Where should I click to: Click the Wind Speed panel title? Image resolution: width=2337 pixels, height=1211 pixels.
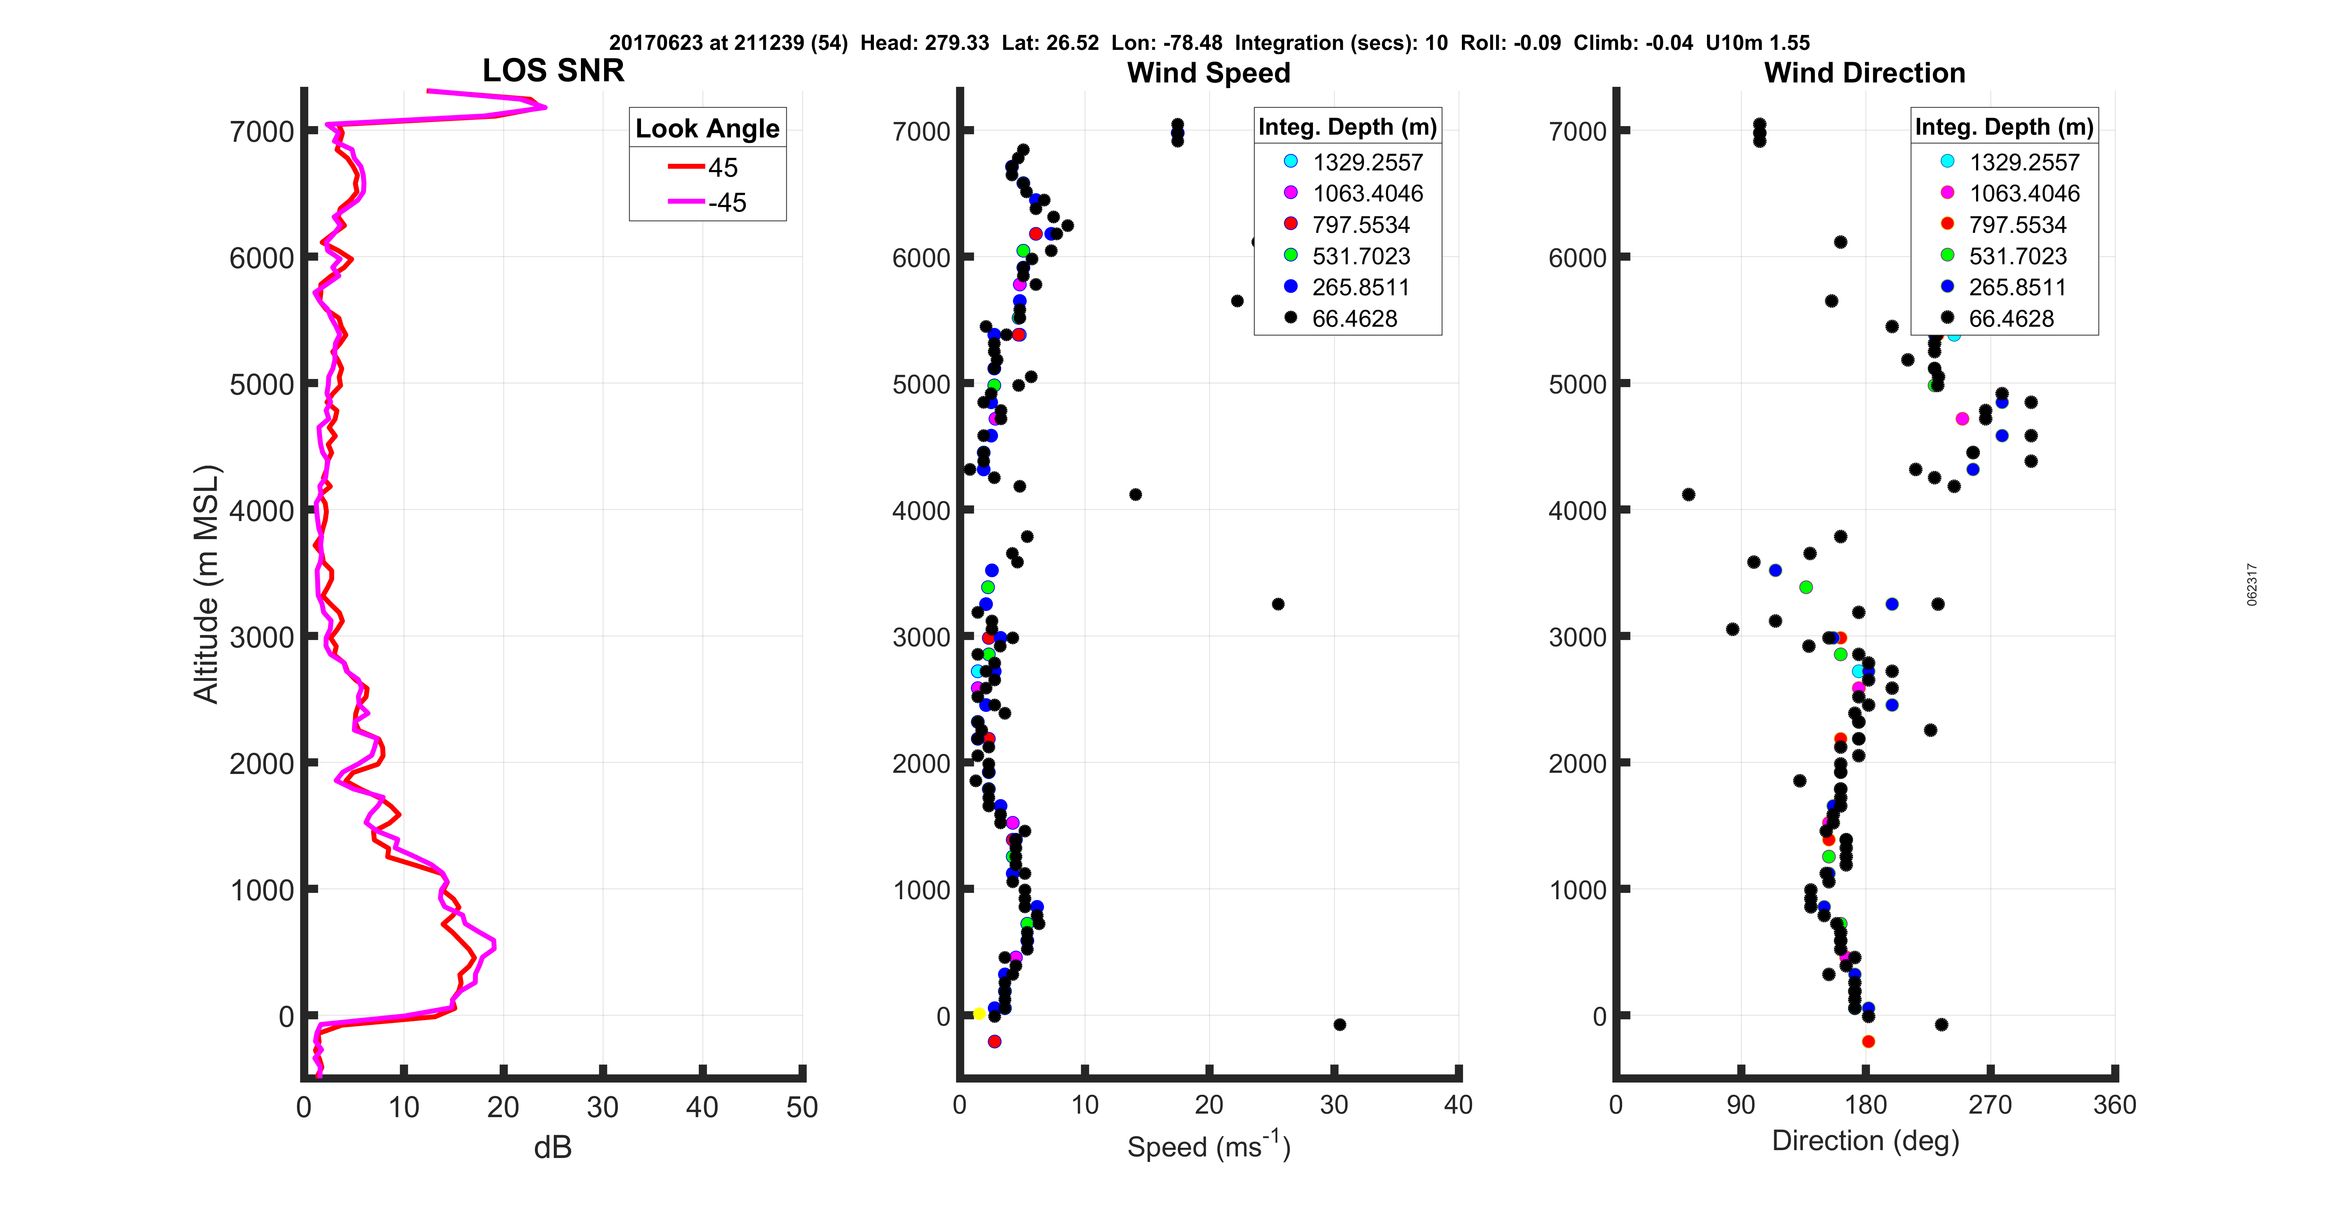pos(1209,73)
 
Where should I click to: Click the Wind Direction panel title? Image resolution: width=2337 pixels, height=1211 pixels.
pos(1864,73)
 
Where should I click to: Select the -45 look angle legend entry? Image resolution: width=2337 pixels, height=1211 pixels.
pos(708,202)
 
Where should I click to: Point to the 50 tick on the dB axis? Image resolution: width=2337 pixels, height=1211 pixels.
pos(802,1107)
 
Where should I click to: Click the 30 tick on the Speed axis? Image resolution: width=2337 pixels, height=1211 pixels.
pos(1333,1105)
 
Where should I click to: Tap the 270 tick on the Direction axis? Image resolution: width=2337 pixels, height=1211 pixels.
pos(1989,1105)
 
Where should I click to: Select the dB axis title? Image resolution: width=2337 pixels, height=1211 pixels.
pos(553,1147)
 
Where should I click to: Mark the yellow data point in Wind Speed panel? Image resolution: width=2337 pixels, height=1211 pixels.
pos(979,1013)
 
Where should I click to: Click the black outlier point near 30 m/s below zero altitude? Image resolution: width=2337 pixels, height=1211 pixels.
pos(1339,1024)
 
